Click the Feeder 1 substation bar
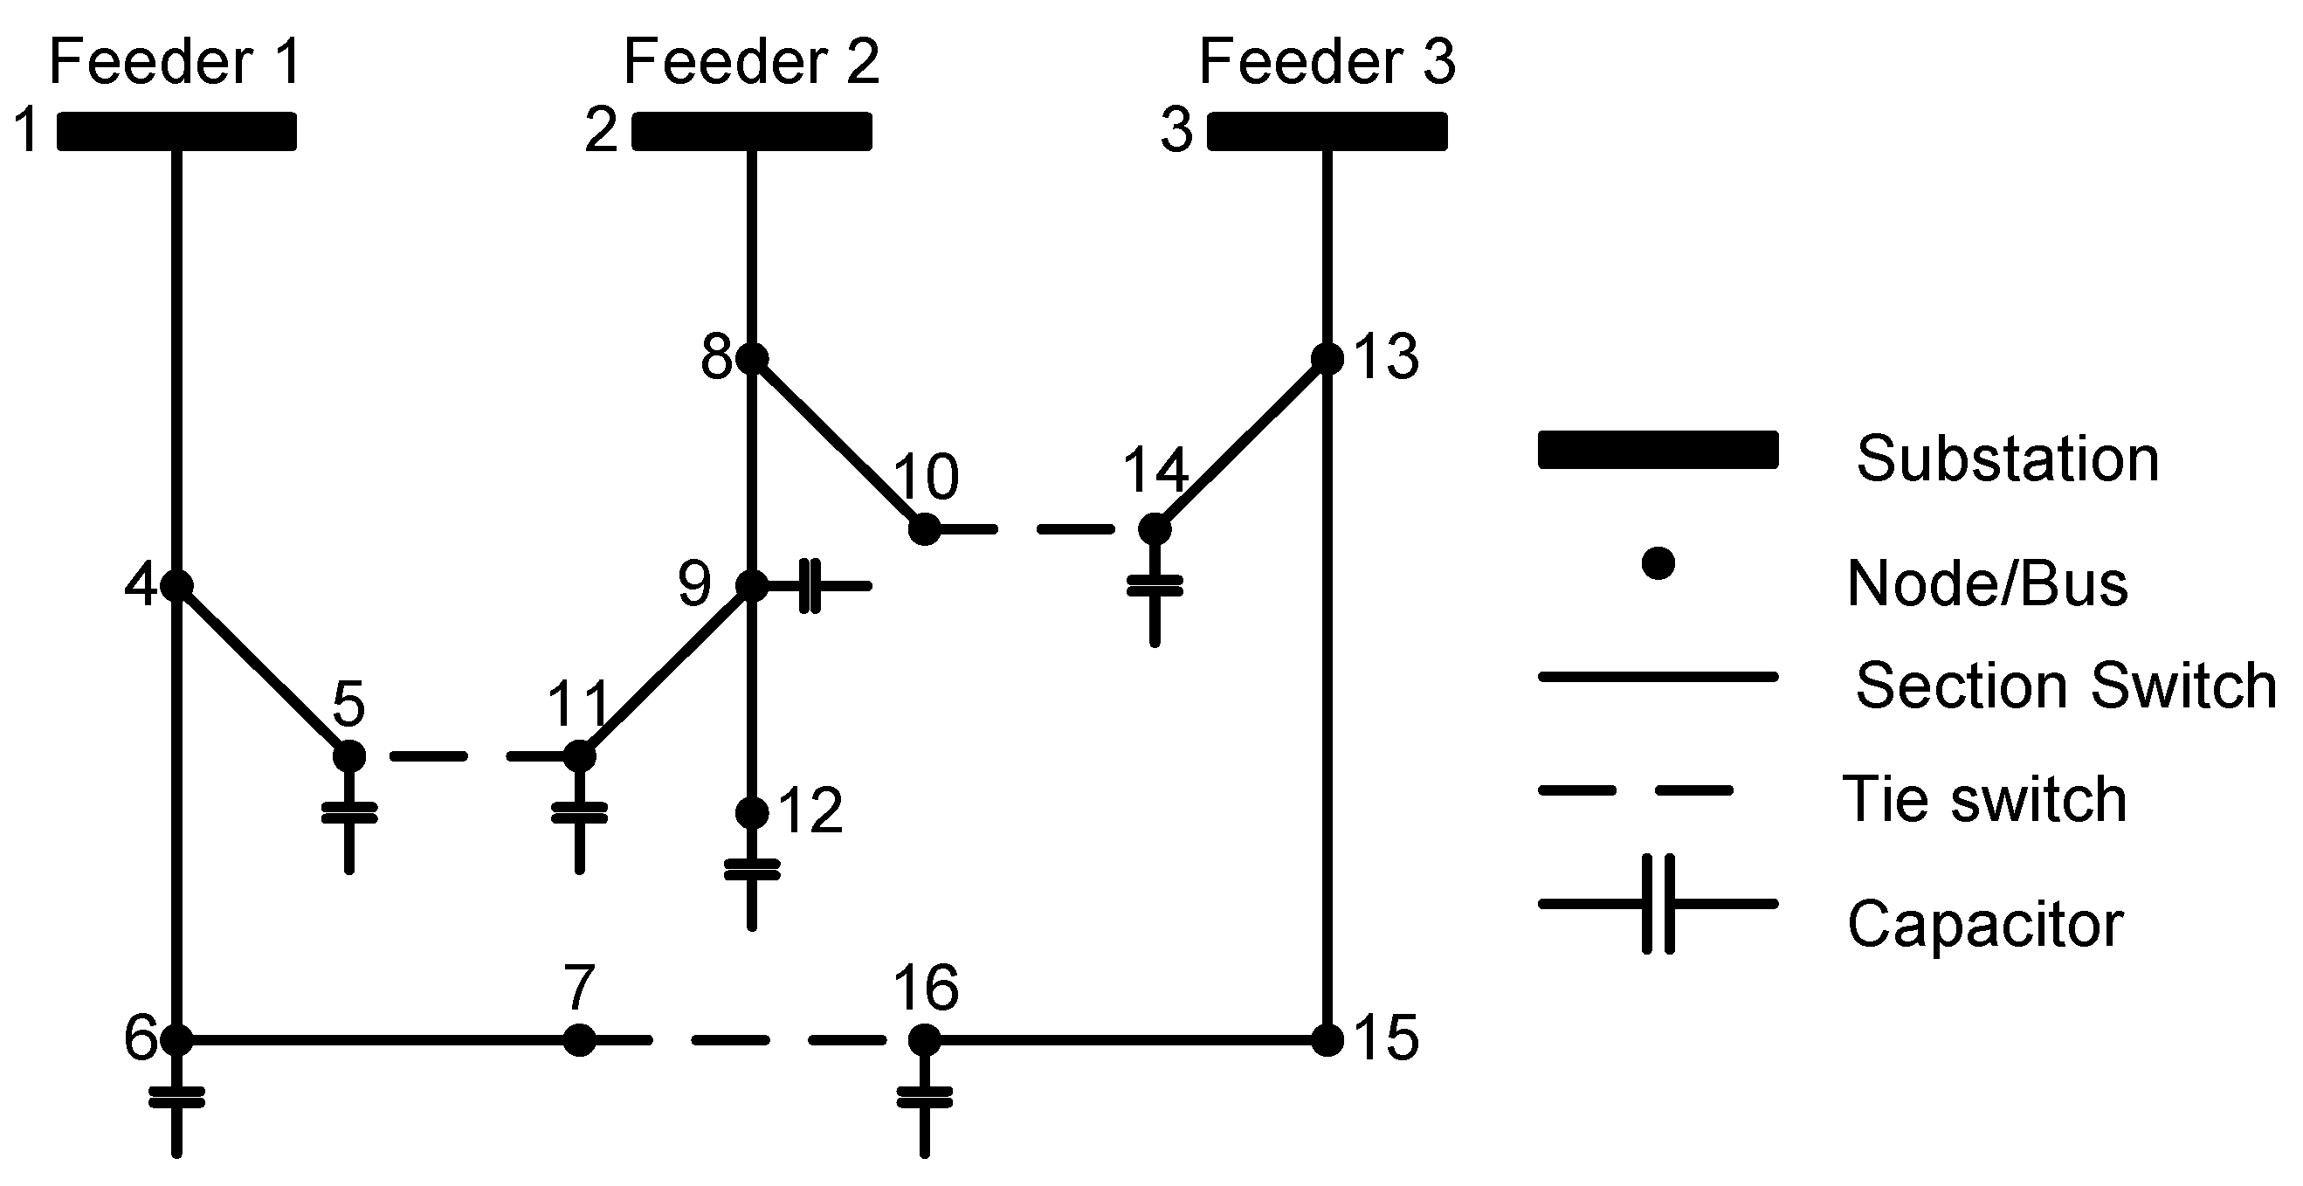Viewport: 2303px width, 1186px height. pyautogui.click(x=177, y=131)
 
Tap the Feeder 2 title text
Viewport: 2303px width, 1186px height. pyautogui.click(x=751, y=62)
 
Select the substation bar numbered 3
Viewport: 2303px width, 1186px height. pyautogui.click(x=1327, y=131)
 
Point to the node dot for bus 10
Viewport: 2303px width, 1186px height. pyautogui.click(x=924, y=529)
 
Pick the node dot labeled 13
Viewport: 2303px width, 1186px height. pyautogui.click(x=1327, y=358)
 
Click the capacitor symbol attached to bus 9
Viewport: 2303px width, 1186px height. pyautogui.click(x=810, y=586)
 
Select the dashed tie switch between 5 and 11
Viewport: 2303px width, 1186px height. pyautogui.click(x=465, y=757)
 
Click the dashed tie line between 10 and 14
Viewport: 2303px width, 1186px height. pyautogui.click(x=1039, y=530)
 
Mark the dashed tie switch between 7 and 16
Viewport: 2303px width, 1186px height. pyautogui.click(x=751, y=1040)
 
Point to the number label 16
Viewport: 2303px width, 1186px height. pyautogui.click(x=927, y=989)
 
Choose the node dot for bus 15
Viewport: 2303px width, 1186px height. pyautogui.click(x=1327, y=1039)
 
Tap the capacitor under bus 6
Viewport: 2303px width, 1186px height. pyautogui.click(x=177, y=1098)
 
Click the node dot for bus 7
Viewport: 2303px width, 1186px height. pyautogui.click(x=579, y=1039)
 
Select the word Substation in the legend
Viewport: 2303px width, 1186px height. pyautogui.click(x=2007, y=459)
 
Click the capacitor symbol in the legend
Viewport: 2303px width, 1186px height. pyautogui.click(x=1658, y=904)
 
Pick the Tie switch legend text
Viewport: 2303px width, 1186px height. pyautogui.click(x=1985, y=798)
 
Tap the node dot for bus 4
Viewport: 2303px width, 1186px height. pyautogui.click(x=177, y=585)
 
